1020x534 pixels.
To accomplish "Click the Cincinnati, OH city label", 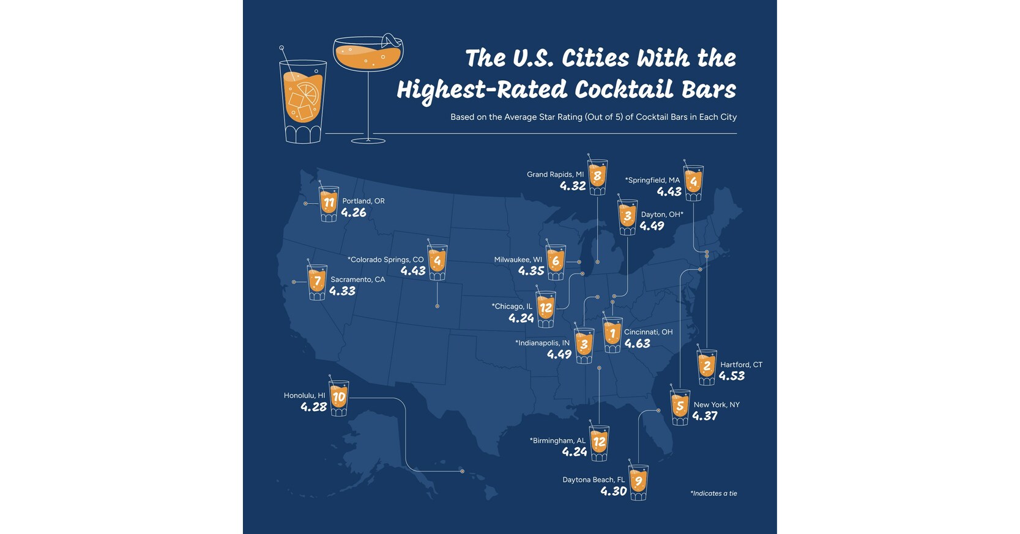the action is (648, 332).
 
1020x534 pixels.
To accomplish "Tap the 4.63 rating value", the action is (637, 344).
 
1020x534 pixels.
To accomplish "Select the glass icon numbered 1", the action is (612, 335).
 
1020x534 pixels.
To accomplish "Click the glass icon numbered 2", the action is (707, 367).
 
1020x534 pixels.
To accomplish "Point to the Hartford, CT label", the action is (741, 365).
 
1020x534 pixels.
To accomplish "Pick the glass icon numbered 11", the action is (329, 203).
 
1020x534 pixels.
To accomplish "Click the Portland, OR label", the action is (363, 201).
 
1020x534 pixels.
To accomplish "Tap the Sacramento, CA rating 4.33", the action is (342, 291).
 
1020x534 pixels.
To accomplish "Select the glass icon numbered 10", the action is (339, 398).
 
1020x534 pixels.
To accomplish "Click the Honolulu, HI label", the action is (304, 395).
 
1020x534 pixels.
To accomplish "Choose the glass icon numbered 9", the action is (638, 483).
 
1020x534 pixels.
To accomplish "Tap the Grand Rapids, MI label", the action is (555, 174).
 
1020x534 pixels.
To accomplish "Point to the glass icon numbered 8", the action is (598, 177).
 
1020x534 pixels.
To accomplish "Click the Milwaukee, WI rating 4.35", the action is (530, 271).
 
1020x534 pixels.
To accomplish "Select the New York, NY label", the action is (717, 404).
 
